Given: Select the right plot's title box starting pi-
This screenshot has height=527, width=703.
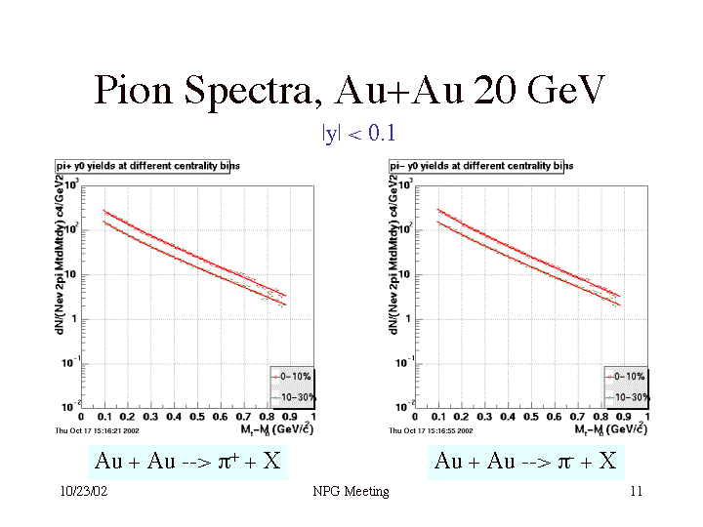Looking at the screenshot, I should (x=481, y=166).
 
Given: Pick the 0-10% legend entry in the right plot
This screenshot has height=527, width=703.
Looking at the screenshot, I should (x=625, y=376).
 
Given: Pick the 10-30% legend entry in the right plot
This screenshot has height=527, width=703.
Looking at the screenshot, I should (x=625, y=396).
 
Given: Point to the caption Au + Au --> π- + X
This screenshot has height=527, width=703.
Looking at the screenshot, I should (x=525, y=461).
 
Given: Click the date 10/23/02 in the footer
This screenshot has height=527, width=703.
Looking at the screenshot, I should (x=83, y=492).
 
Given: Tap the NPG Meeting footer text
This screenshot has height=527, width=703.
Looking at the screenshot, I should (x=351, y=492).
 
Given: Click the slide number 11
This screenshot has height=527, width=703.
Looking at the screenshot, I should (x=636, y=492).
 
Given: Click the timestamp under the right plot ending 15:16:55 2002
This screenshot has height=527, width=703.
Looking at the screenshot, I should (x=433, y=429).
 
